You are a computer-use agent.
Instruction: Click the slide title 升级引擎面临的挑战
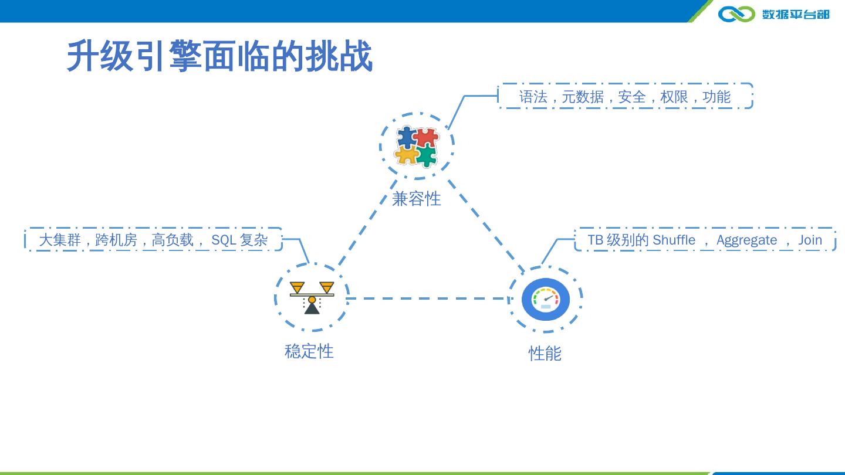point(219,56)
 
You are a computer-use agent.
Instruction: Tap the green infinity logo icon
point(736,13)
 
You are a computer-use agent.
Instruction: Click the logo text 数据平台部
point(796,14)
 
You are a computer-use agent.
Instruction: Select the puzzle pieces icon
point(417,146)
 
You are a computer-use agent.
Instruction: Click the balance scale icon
point(312,297)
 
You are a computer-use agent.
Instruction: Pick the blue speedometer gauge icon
point(545,299)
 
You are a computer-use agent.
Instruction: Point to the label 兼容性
point(416,199)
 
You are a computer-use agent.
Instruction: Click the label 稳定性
point(309,351)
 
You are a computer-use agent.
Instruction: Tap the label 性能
point(545,354)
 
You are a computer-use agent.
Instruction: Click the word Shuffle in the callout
point(674,240)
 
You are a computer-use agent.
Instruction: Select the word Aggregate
point(746,240)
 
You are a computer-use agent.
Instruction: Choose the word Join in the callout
point(810,240)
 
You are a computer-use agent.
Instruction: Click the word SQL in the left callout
point(224,240)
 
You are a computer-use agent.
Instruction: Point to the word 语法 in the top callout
point(533,97)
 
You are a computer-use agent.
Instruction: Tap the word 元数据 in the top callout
point(582,97)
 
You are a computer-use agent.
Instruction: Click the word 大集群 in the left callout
point(60,240)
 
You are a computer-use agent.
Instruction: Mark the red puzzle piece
point(427,138)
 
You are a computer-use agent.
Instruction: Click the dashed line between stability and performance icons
point(428,298)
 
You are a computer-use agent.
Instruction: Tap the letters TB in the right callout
point(596,240)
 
